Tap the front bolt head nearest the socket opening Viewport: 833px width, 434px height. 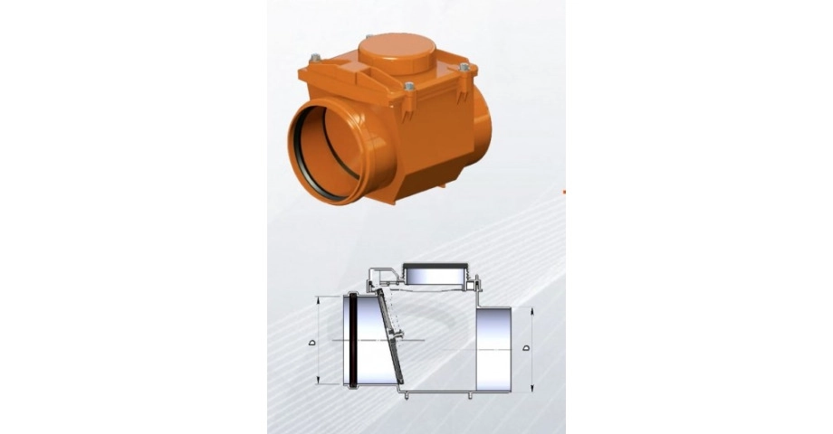409,86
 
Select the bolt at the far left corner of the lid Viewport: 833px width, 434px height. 315,58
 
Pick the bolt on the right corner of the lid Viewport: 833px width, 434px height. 464,68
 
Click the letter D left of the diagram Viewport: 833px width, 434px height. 312,342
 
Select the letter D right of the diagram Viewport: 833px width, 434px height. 526,348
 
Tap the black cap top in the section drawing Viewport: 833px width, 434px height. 436,265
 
